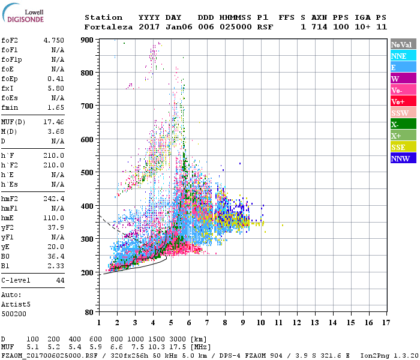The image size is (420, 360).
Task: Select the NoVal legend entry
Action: tap(402, 44)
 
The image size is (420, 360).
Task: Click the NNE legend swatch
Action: tap(402, 56)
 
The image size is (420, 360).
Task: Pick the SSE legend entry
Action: tap(402, 147)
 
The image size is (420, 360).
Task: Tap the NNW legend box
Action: tap(402, 158)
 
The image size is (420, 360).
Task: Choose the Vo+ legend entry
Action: tap(402, 101)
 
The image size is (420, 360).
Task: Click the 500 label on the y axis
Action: tap(88, 173)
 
